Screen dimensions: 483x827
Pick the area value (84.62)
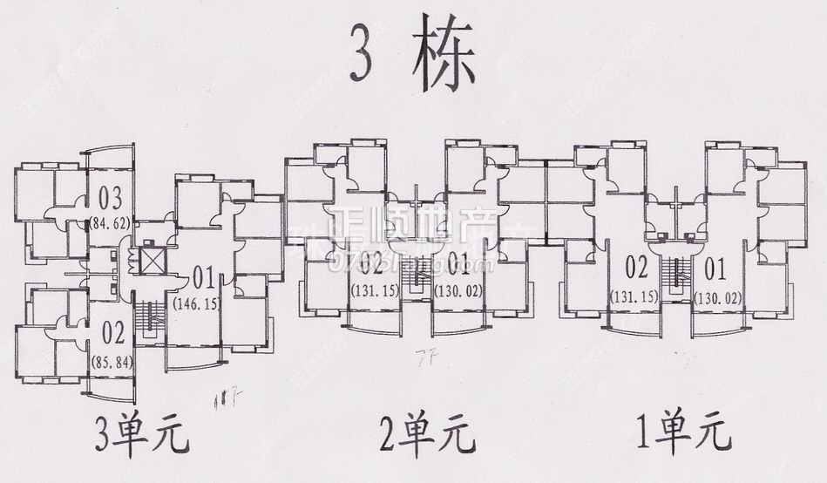pyautogui.click(x=110, y=223)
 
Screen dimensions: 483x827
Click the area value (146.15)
pyautogui.click(x=196, y=303)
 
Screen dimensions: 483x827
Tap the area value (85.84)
pyautogui.click(x=112, y=362)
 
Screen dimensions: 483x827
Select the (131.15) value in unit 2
pyautogui.click(x=374, y=290)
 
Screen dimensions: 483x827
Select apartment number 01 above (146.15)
pyautogui.click(x=204, y=279)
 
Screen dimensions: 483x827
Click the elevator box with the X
pyautogui.click(x=152, y=260)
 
